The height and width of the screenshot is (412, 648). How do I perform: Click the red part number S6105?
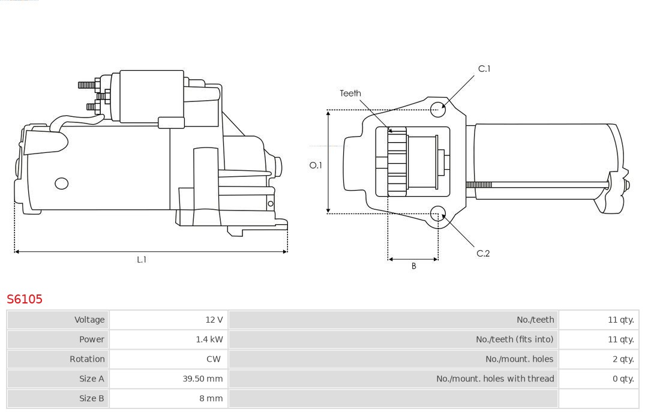coord(25,299)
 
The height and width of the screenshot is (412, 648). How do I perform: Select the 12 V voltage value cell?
coord(168,320)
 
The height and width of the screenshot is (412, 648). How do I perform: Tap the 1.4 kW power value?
coord(209,339)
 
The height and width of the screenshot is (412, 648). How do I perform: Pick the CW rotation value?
coord(214,359)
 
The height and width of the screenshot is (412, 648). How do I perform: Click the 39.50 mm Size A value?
coord(203,378)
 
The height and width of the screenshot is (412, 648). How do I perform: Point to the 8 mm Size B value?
coord(211,398)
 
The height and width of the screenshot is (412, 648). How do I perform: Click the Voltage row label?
coord(89,320)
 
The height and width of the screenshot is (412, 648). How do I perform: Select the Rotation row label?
coord(87,359)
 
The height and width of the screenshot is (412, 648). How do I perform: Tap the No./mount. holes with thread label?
coord(495,378)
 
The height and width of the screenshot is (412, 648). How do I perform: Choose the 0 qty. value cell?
coord(599,378)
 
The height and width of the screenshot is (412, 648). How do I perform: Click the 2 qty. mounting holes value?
coord(623,359)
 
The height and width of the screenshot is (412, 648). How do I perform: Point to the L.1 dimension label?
coord(142,260)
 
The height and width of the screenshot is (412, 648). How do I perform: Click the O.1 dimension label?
coord(316,166)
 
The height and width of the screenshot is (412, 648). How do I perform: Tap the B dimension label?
coord(413,266)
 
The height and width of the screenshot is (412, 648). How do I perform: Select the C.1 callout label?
coord(484,68)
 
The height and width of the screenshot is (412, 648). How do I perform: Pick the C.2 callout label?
coord(483,253)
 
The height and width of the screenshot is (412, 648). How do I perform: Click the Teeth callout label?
coord(350,94)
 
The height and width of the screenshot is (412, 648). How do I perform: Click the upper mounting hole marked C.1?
coord(438,110)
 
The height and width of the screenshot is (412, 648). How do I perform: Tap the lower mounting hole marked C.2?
coord(438,213)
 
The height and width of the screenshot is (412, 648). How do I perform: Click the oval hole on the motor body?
coord(62,184)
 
